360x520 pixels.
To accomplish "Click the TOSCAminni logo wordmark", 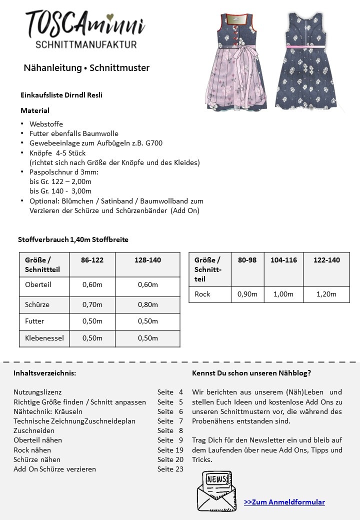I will (x=85, y=24).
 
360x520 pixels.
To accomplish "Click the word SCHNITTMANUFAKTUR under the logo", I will (x=86, y=44).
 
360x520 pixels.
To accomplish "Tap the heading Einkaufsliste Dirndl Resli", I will (x=61, y=95).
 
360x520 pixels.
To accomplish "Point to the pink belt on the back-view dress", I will (x=305, y=46).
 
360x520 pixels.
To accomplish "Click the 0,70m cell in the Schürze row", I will (x=92, y=304).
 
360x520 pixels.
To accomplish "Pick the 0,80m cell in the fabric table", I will (x=147, y=304).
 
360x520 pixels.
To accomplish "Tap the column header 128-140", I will (x=147, y=260).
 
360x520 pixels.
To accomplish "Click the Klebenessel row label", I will (x=44, y=338).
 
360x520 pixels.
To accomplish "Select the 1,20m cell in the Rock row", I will (x=326, y=294).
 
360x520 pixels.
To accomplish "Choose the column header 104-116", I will (x=283, y=260).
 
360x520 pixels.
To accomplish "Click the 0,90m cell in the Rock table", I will (x=247, y=294).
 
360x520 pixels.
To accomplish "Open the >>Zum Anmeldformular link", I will (x=284, y=502).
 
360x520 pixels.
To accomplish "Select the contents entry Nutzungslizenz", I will (x=37, y=392).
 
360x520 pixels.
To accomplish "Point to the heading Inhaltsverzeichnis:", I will (x=45, y=373).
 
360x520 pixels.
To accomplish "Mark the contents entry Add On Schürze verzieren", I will (x=54, y=469).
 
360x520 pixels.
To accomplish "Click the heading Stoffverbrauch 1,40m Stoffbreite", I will (x=73, y=239).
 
